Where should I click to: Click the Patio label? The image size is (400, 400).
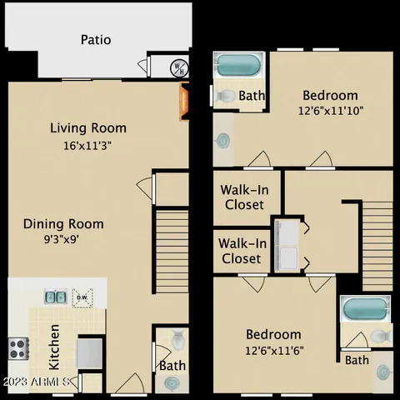[96, 39]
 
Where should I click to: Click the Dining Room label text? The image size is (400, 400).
[63, 223]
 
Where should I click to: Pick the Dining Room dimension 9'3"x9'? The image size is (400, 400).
[63, 239]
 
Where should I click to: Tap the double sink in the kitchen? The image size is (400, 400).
[56, 295]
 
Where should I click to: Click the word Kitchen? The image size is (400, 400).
[53, 347]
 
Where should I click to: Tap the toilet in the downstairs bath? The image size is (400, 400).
[176, 341]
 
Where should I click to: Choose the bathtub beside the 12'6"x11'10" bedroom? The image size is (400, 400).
[239, 65]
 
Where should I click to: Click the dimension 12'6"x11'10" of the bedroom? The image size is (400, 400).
[331, 110]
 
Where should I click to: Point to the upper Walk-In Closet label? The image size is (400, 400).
[242, 197]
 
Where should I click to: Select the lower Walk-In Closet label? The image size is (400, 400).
[242, 251]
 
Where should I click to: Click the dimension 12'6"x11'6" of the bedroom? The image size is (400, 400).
[273, 350]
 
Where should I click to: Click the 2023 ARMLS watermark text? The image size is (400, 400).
[40, 382]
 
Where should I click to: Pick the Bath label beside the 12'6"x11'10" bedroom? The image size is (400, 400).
[252, 96]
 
